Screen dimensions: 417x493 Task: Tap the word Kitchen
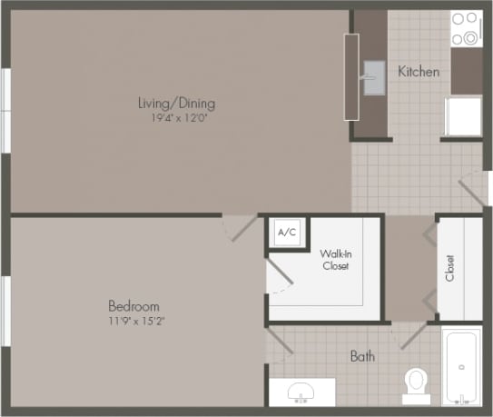point(418,71)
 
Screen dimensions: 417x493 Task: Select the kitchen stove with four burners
point(466,28)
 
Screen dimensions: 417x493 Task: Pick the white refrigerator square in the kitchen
point(463,116)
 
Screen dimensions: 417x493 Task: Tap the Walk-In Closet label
point(335,259)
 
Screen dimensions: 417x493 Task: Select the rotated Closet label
point(449,267)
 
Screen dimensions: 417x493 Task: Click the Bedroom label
point(133,306)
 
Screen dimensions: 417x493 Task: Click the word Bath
point(362,356)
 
